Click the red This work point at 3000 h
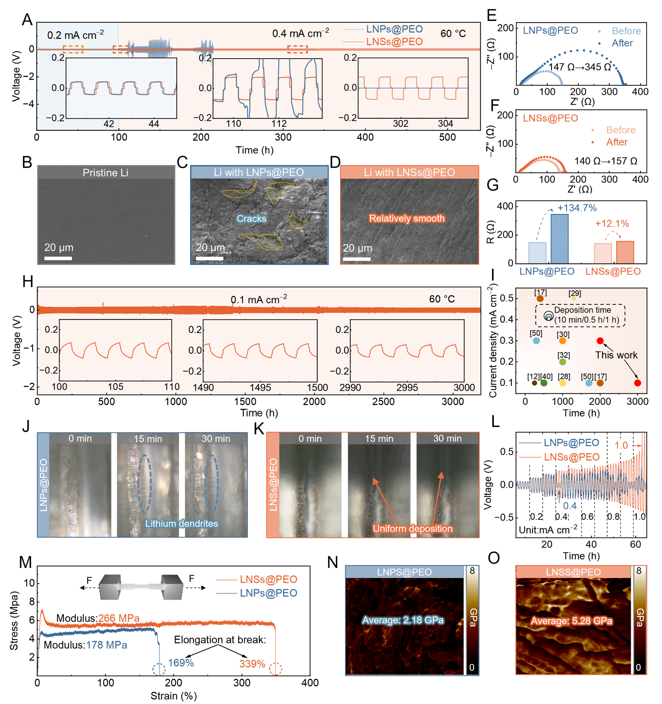click(x=637, y=383)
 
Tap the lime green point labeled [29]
click(x=574, y=298)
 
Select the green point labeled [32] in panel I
click(x=563, y=362)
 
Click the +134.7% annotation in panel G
click(x=577, y=208)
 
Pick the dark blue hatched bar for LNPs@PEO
click(x=559, y=239)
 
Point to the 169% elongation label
click(x=181, y=663)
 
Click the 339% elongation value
click(x=252, y=664)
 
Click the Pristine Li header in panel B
click(x=105, y=173)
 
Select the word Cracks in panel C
click(x=251, y=218)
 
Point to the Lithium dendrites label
click(x=181, y=523)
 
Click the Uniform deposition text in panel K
click(x=412, y=529)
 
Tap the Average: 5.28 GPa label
click(x=571, y=621)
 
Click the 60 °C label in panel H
click(x=441, y=299)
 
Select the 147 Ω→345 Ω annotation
click(x=579, y=67)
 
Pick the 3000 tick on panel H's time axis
click(x=453, y=401)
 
